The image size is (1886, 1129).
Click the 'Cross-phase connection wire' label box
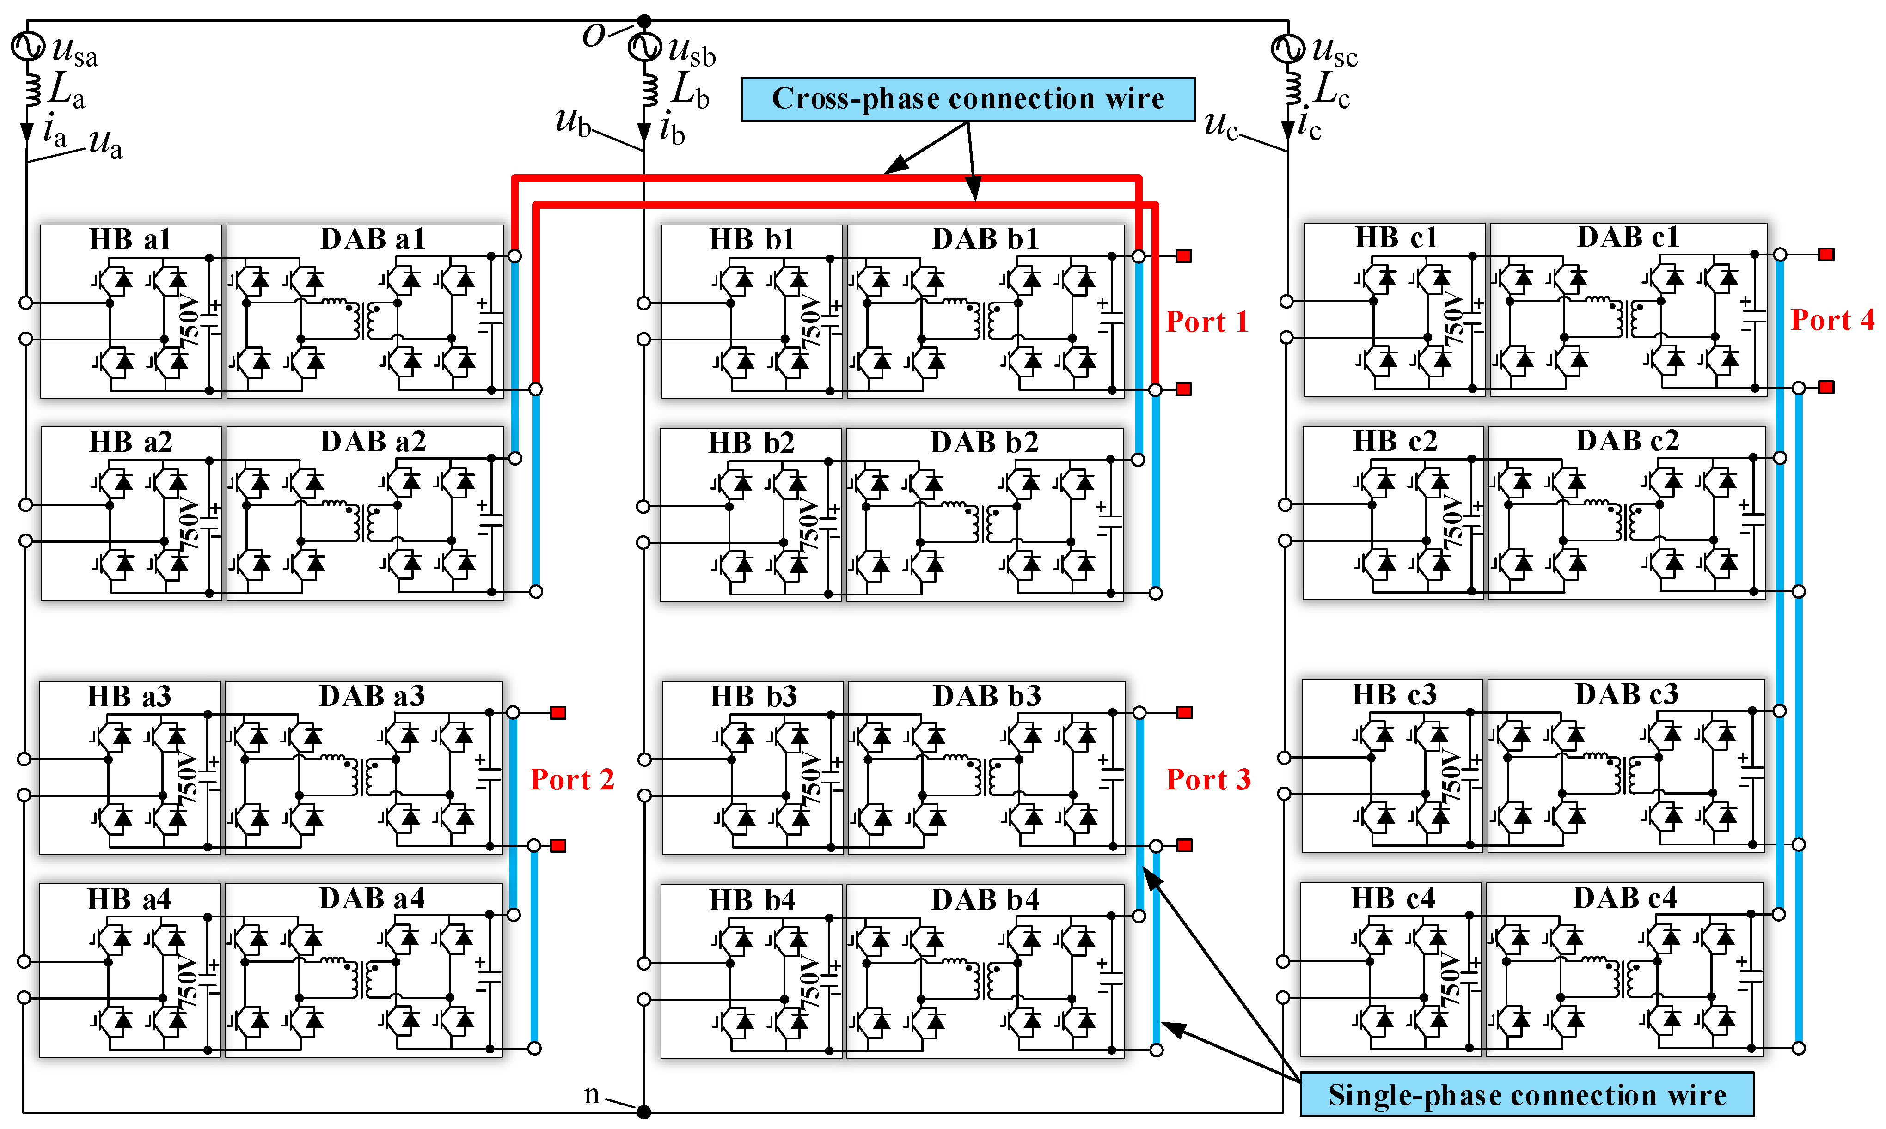tap(967, 99)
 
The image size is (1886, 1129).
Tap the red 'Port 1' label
tap(1206, 322)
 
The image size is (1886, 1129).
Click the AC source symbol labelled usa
tap(27, 46)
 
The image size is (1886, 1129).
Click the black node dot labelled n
tap(644, 1112)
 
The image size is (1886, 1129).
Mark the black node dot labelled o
tap(644, 20)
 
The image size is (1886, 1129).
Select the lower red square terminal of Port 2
tap(558, 846)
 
